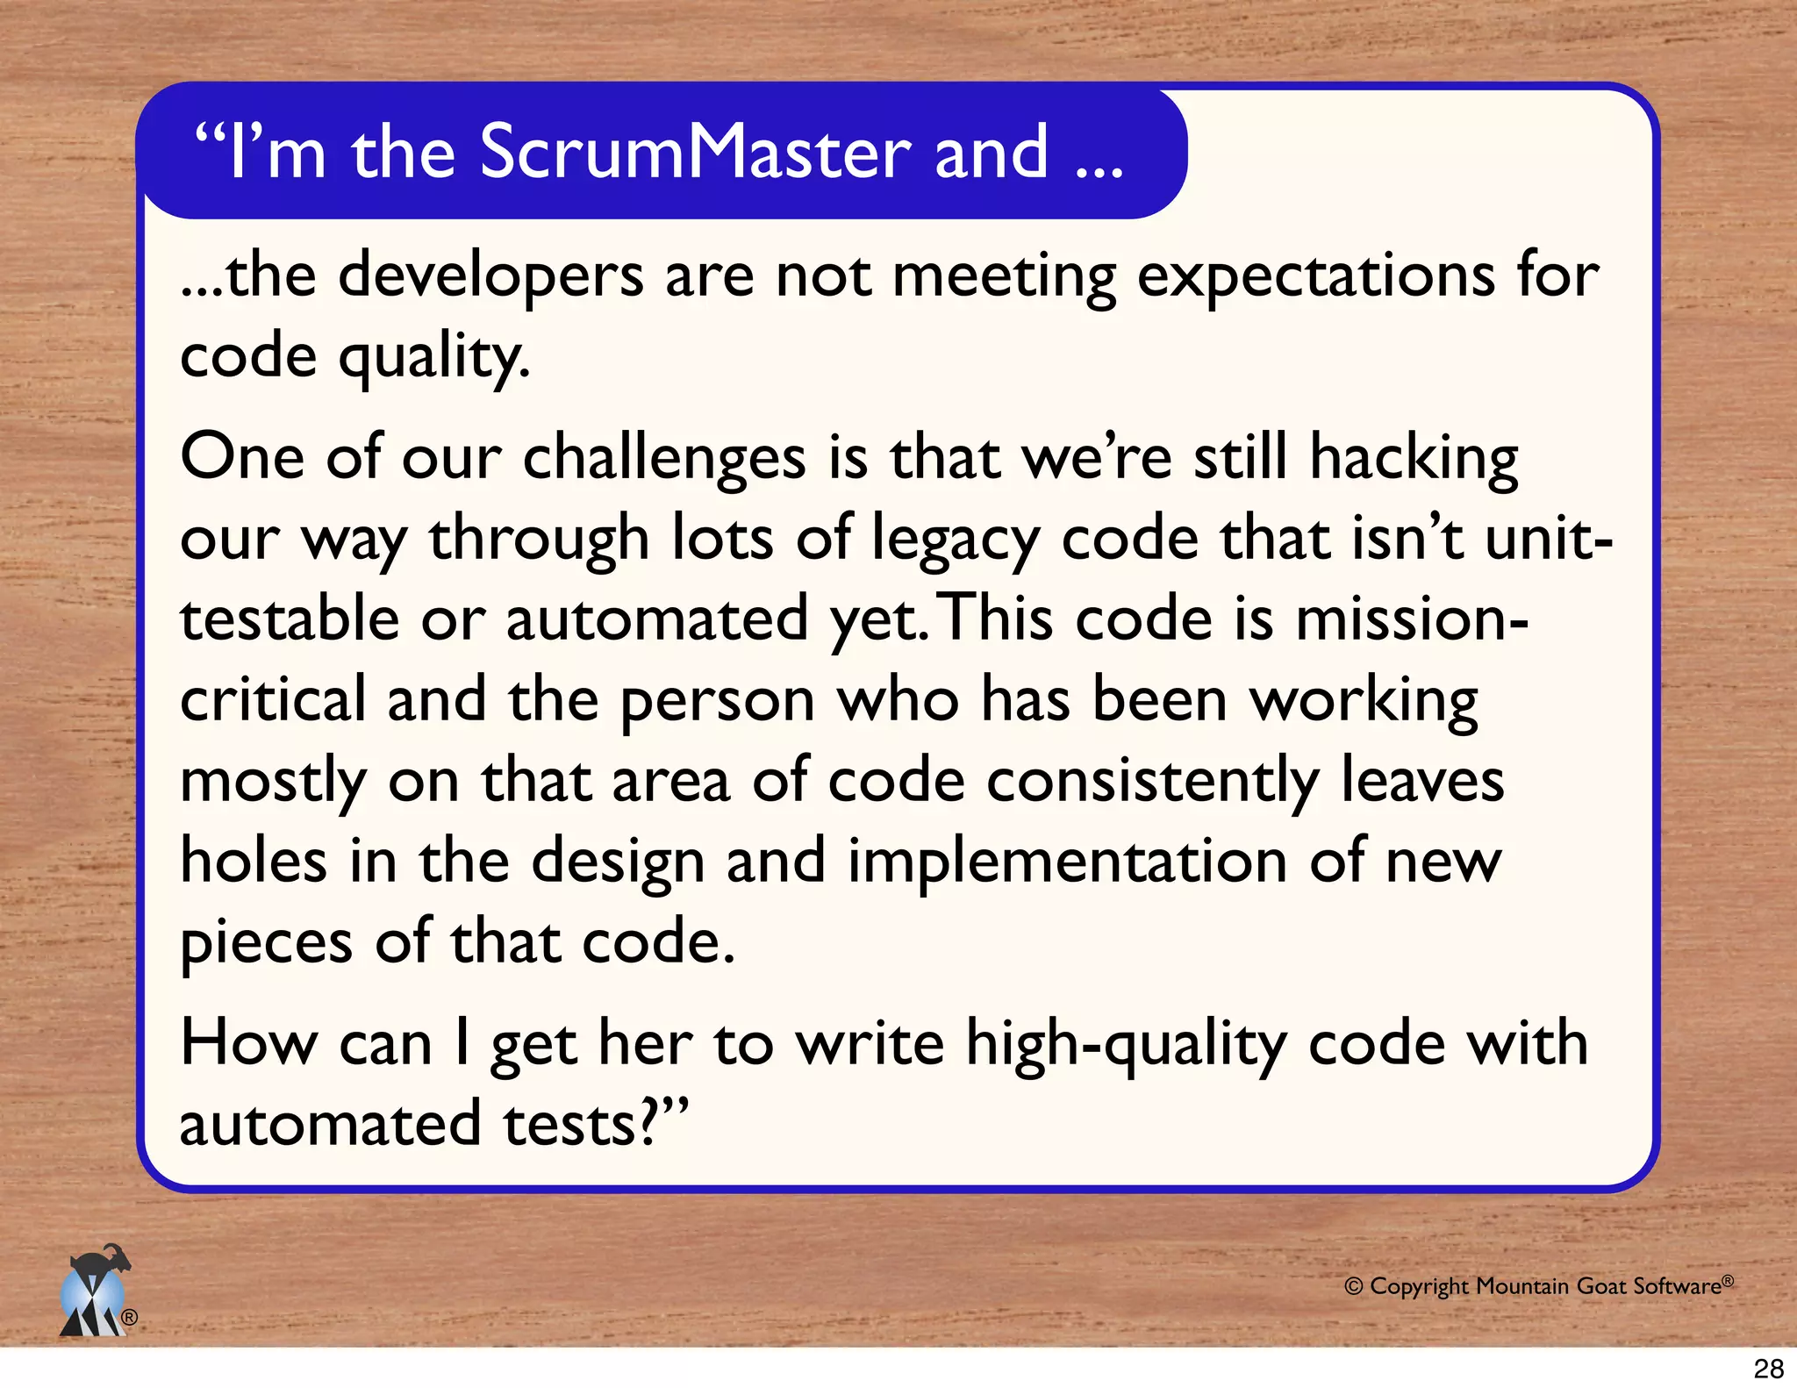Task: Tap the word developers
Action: (x=490, y=276)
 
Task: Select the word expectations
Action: (x=1316, y=276)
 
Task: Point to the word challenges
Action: (x=664, y=459)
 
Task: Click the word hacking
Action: (x=1414, y=459)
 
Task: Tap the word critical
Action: (x=273, y=699)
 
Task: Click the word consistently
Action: (x=1152, y=782)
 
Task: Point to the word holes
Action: (x=254, y=861)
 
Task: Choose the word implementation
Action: (x=1067, y=862)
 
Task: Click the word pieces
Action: (x=266, y=943)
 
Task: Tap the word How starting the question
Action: (x=248, y=1043)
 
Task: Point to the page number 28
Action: (x=1768, y=1368)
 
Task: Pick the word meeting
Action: (x=1004, y=276)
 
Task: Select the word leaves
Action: (x=1422, y=780)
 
